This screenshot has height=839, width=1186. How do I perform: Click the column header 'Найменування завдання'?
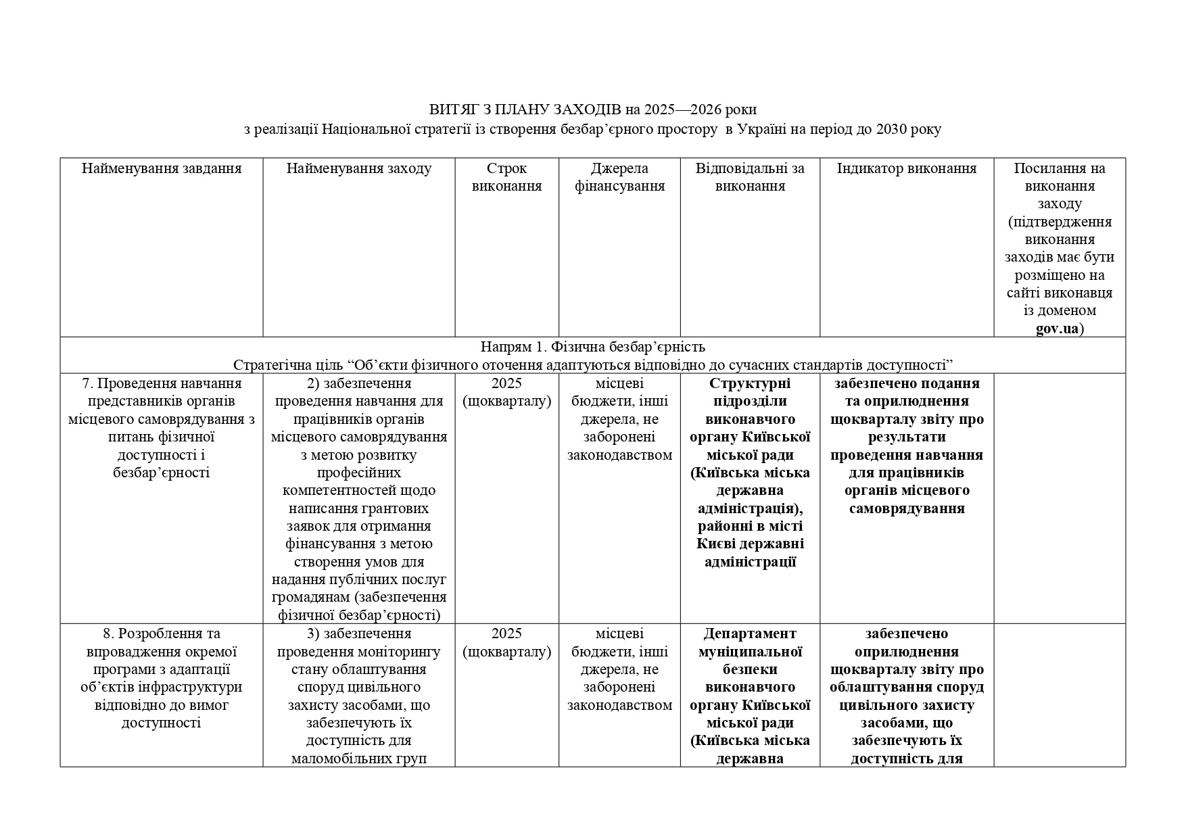(x=162, y=168)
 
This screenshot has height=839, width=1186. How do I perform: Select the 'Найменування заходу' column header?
(x=358, y=168)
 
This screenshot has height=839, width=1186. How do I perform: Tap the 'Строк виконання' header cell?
(x=506, y=177)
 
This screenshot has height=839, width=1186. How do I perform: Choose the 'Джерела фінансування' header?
(x=619, y=177)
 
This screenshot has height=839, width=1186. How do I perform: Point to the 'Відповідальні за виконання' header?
(x=750, y=177)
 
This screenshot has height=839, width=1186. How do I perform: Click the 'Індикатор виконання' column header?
(x=906, y=168)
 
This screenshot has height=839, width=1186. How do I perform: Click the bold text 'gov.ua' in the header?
(x=1057, y=329)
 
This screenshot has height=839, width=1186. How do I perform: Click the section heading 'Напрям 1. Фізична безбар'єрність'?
(x=592, y=347)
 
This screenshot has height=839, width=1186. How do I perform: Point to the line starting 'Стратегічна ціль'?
(x=592, y=365)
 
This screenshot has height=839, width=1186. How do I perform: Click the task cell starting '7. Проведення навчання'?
(x=162, y=427)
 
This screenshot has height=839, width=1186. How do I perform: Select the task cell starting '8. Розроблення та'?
(x=162, y=678)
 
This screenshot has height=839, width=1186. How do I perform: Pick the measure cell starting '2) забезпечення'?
(x=358, y=499)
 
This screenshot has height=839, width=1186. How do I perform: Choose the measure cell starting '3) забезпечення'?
(x=358, y=696)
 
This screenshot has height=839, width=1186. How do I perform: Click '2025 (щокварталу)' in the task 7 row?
(x=506, y=392)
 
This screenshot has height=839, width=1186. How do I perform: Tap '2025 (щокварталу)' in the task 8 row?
(x=506, y=642)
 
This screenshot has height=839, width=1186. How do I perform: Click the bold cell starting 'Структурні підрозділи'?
(x=750, y=473)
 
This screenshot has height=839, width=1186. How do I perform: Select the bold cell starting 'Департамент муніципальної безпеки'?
(x=750, y=696)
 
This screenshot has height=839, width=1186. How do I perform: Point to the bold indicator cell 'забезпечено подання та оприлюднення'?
(x=906, y=446)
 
